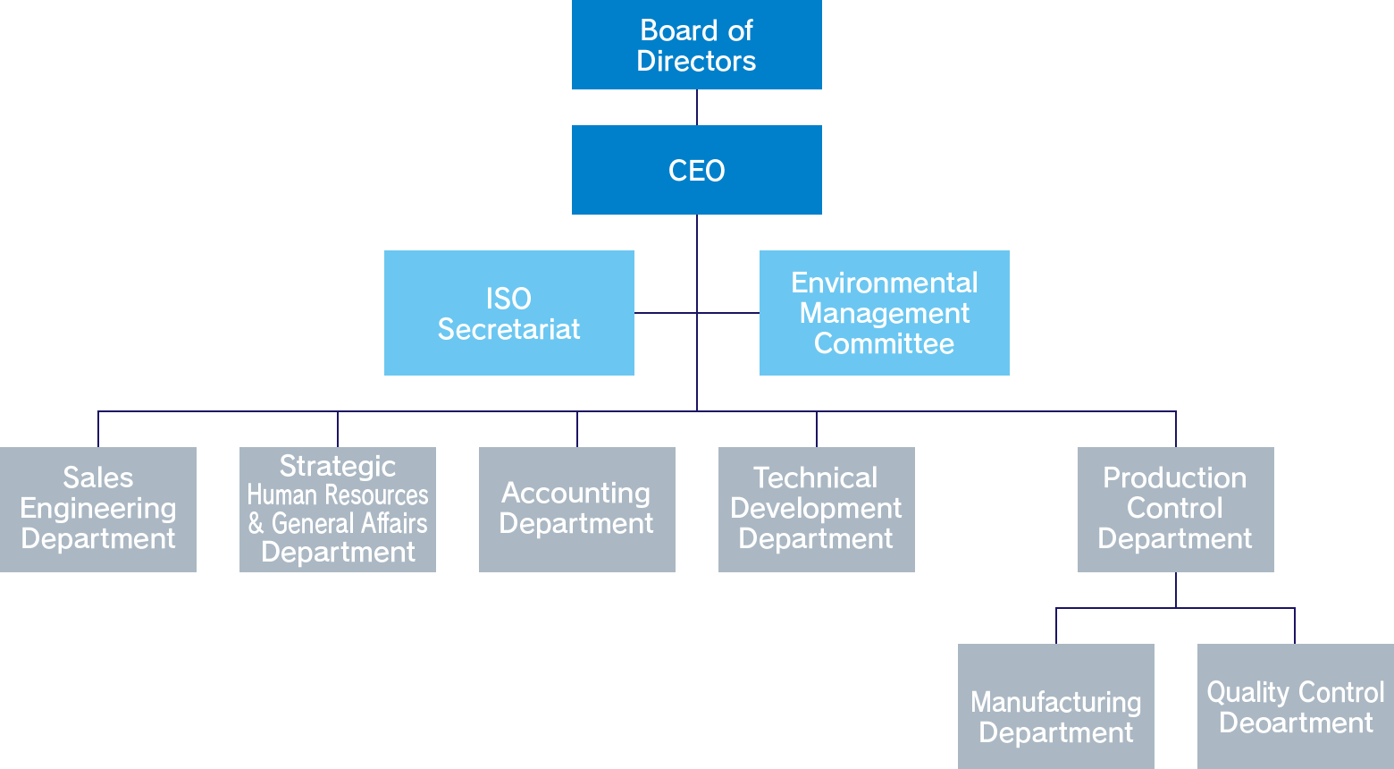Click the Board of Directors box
tap(696, 45)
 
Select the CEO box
tap(696, 170)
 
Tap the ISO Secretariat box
tap(508, 313)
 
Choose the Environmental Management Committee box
tap(884, 313)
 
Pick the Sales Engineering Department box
tap(98, 509)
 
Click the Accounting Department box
tap(576, 509)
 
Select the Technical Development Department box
tap(816, 509)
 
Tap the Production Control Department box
tap(1175, 509)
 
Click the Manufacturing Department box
tap(1055, 706)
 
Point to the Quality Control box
tap(1295, 706)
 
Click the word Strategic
tap(338, 466)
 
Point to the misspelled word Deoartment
tap(1296, 723)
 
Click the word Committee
tap(884, 343)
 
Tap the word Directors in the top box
tap(696, 61)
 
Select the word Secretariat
tap(508, 329)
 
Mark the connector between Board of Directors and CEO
tap(697, 107)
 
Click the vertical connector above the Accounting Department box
tap(577, 429)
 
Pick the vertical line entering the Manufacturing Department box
tap(1056, 626)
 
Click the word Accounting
tap(576, 493)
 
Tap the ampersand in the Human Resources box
tap(256, 523)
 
